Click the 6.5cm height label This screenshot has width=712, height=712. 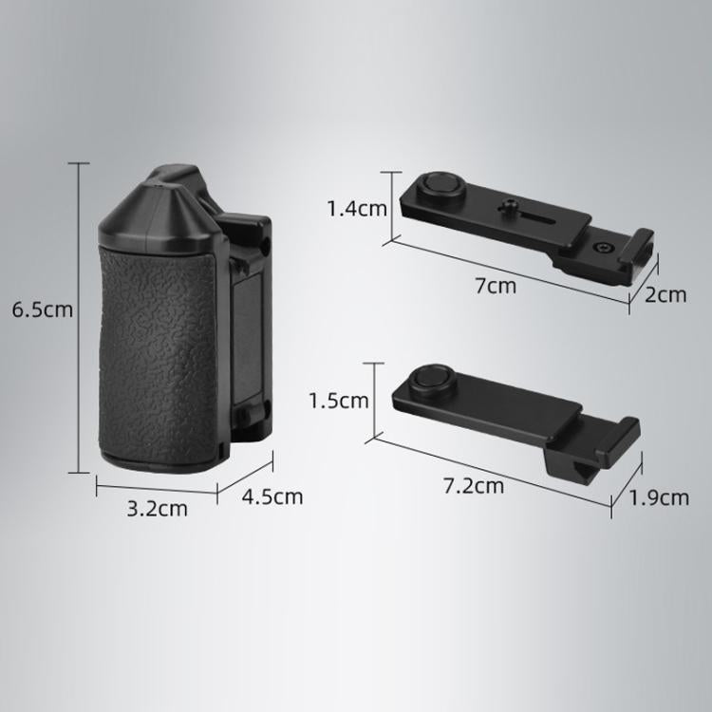click(42, 309)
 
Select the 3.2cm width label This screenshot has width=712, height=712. click(157, 509)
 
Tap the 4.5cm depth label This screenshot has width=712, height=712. click(272, 497)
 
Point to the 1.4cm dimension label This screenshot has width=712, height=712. click(357, 209)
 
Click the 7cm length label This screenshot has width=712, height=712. click(496, 286)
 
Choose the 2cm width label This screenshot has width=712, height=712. click(665, 295)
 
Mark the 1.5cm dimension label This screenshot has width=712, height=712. click(339, 401)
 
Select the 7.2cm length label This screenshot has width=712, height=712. click(474, 486)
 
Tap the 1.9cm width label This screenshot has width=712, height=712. click(659, 497)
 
